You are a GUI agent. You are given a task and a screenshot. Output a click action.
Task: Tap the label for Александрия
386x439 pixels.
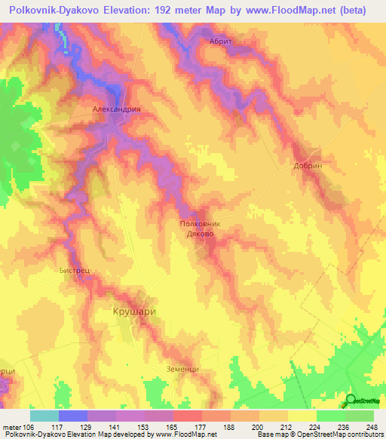click(x=117, y=109)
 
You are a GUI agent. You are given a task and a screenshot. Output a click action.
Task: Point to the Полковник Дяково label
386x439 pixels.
click(x=201, y=229)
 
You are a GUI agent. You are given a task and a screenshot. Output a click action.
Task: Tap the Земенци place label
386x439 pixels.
click(x=182, y=368)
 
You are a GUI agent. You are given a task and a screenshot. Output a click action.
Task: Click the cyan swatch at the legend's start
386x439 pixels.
click(x=44, y=416)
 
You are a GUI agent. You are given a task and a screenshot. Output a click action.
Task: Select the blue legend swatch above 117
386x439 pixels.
click(x=72, y=416)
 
